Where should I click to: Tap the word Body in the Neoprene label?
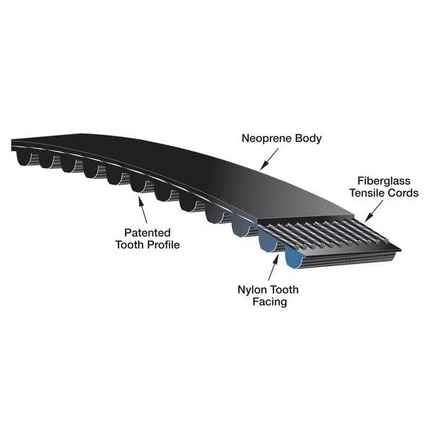click(x=308, y=139)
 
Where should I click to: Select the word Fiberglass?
click(x=384, y=181)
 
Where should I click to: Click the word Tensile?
click(x=367, y=193)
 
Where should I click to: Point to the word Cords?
click(x=403, y=193)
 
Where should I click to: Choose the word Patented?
click(x=147, y=233)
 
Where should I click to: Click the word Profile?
click(x=164, y=245)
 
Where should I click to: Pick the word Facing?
click(x=269, y=302)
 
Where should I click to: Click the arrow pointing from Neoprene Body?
click(x=269, y=158)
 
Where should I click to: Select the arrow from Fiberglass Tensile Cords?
click(x=374, y=211)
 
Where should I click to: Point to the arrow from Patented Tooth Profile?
click(x=143, y=209)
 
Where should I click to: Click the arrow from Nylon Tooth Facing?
click(x=273, y=268)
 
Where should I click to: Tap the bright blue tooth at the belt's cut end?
click(x=293, y=259)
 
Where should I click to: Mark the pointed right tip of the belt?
click(x=401, y=250)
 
